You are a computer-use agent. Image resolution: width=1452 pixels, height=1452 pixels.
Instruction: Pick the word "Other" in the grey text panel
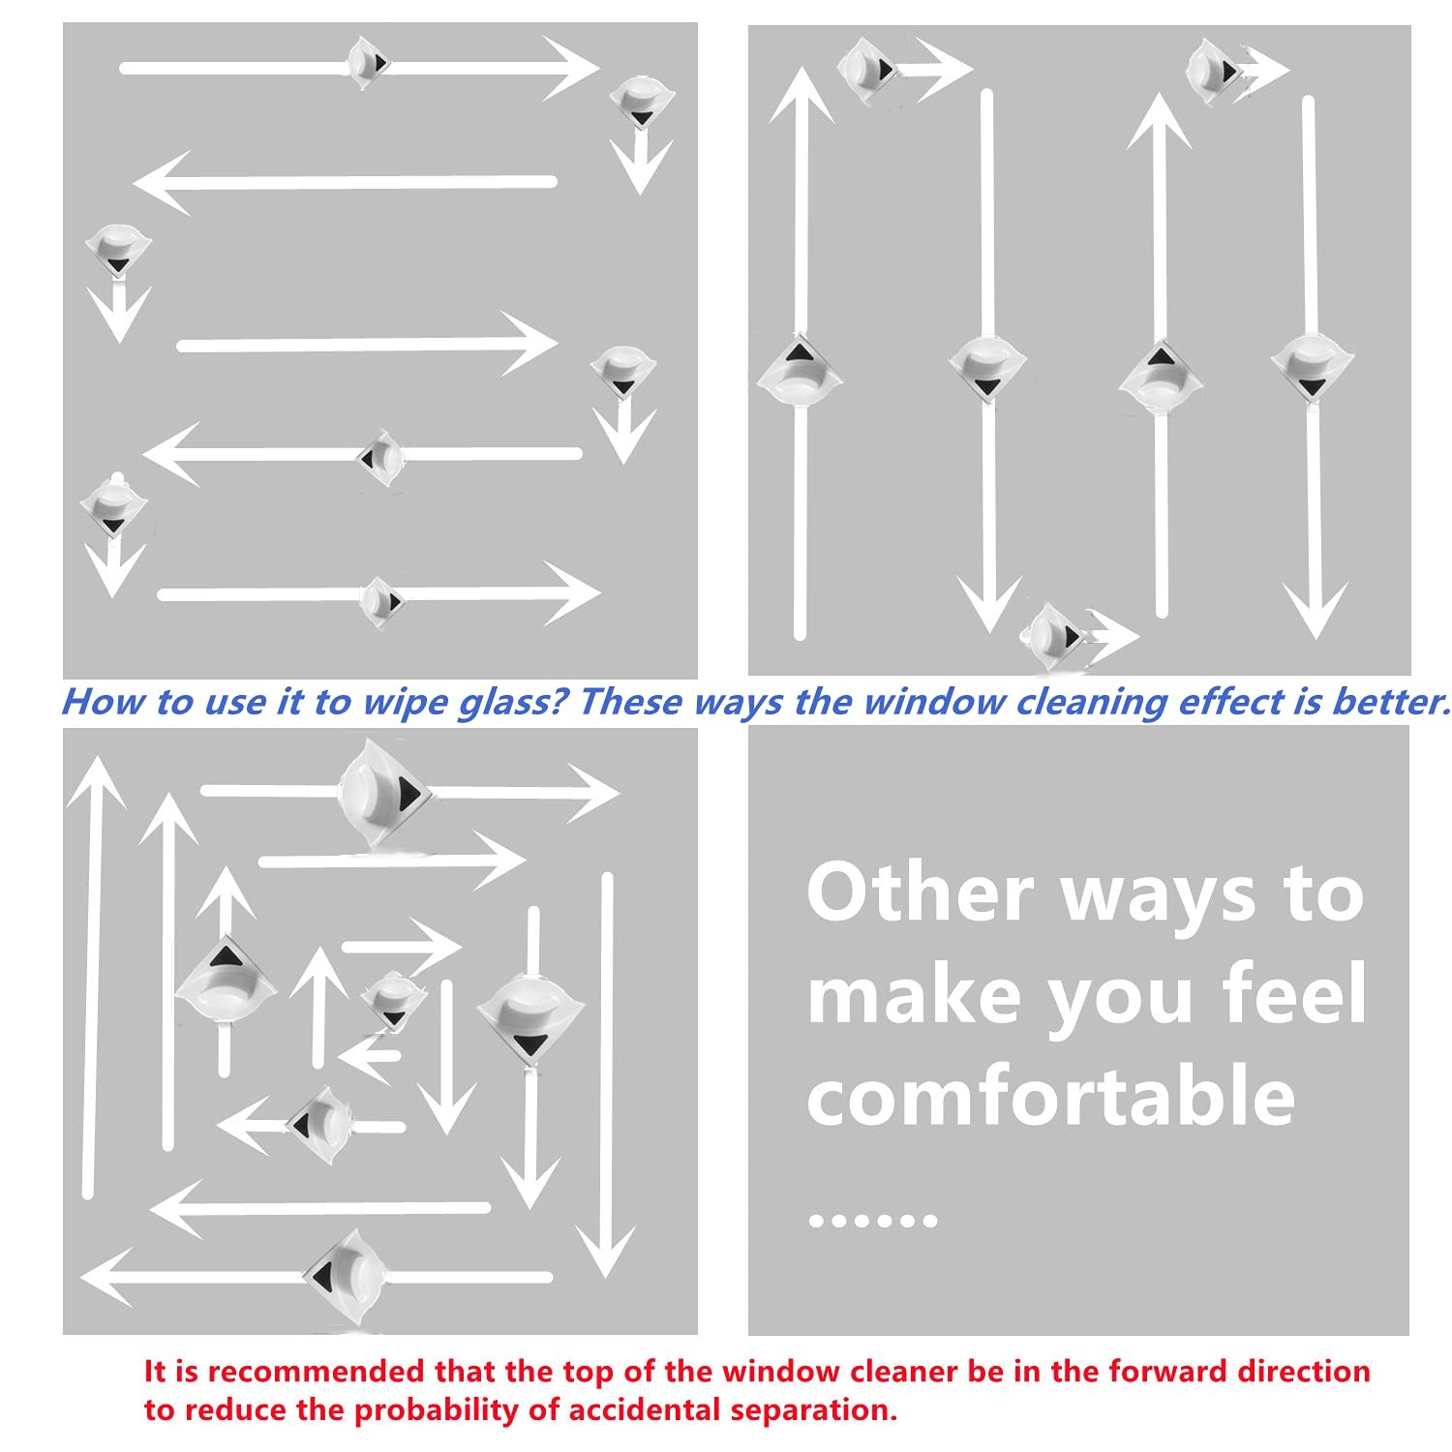click(x=921, y=892)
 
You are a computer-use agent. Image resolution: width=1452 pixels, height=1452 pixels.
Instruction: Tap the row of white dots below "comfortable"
click(x=872, y=1220)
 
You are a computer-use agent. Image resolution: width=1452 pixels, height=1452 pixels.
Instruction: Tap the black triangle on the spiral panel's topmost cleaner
click(x=411, y=794)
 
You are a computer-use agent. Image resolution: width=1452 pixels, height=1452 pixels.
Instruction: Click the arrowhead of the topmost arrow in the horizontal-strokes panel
click(x=572, y=68)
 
